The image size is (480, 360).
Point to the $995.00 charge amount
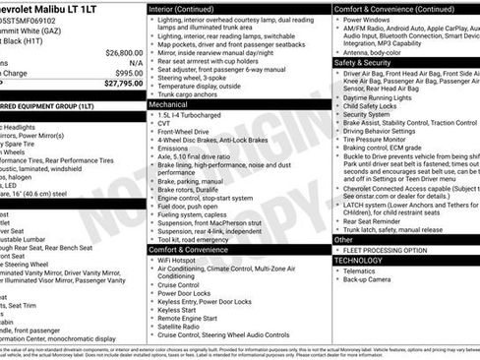click(126, 73)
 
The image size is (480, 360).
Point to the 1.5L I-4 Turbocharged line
click(194, 114)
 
